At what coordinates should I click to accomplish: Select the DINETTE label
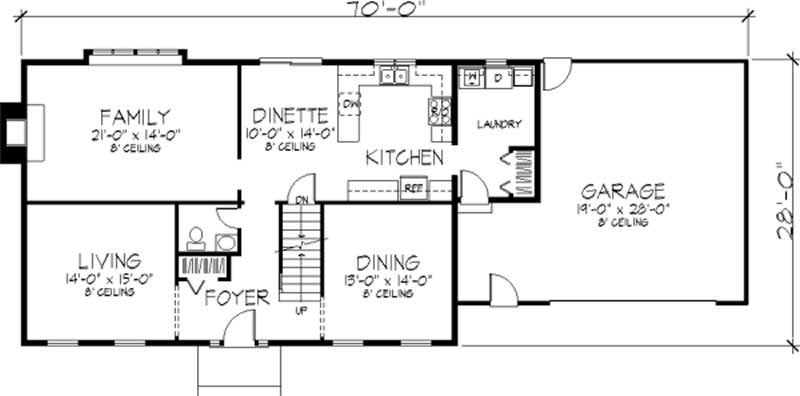click(291, 114)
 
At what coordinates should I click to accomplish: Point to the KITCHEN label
click(403, 157)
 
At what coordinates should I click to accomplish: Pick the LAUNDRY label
click(499, 124)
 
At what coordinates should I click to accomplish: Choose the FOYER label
click(236, 298)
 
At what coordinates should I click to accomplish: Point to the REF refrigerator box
click(411, 185)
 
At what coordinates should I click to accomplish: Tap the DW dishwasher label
click(350, 103)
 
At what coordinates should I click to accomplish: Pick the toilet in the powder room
click(197, 237)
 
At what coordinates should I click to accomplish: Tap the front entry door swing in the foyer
click(238, 330)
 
